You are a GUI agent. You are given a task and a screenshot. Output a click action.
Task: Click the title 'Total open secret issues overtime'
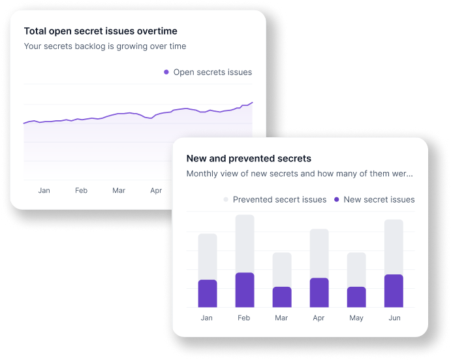pos(101,31)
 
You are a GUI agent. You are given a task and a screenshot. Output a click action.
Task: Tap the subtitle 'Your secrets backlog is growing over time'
pos(105,46)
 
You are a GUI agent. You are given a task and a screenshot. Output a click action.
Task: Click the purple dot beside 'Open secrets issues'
pos(166,73)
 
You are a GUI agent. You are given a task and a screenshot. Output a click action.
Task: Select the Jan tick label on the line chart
pos(44,191)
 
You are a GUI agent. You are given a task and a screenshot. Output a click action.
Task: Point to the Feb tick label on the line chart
pos(81,191)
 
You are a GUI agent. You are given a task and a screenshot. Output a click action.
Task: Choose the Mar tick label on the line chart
pos(119,191)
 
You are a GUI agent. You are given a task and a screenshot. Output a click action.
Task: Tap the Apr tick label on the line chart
pos(156,191)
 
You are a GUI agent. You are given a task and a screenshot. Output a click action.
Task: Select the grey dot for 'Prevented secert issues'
pos(226,200)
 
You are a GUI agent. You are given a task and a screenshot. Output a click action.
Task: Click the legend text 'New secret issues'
pos(379,200)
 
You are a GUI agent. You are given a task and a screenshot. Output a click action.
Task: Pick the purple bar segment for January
pos(207,293)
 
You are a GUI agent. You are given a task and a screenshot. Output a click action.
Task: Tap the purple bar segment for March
pos(282,297)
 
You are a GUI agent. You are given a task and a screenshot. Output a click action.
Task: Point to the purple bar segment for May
pos(356,297)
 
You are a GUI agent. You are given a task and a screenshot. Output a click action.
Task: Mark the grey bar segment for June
pos(394,246)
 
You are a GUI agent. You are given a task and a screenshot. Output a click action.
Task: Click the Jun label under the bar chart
pos(394,318)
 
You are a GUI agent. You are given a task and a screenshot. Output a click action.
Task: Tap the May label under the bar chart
pos(356,318)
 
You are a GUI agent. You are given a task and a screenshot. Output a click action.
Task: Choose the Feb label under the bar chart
pos(244,318)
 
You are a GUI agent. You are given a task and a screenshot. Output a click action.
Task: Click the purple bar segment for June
pos(394,291)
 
